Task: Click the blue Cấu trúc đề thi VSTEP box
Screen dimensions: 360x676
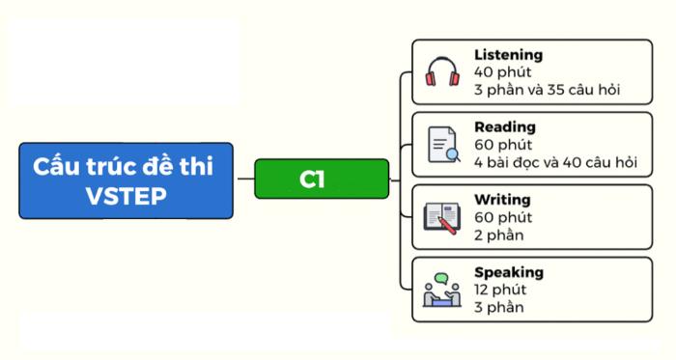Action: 126,180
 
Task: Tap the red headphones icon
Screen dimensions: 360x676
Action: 443,72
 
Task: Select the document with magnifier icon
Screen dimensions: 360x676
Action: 443,144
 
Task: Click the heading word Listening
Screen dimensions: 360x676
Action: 508,55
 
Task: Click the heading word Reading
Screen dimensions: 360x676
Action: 504,126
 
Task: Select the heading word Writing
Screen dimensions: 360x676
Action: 502,199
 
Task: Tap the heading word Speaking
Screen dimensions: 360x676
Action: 509,272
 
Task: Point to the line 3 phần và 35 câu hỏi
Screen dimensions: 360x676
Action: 547,90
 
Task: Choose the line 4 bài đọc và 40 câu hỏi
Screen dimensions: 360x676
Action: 555,162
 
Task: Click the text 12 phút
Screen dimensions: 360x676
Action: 497,290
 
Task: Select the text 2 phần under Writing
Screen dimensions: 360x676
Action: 498,235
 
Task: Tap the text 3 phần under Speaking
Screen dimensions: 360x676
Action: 498,307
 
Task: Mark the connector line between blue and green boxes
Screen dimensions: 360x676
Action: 243,180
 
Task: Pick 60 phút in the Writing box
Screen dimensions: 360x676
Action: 502,217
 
